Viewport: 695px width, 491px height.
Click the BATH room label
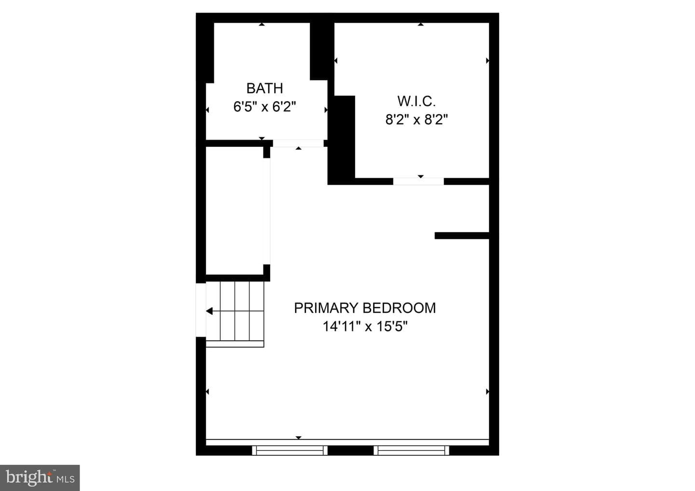coord(264,88)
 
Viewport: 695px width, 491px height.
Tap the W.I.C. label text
coord(417,101)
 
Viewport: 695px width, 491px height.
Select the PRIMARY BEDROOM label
coord(365,308)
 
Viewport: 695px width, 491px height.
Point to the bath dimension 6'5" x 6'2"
coord(264,107)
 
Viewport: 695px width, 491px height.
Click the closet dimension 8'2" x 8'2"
coord(417,120)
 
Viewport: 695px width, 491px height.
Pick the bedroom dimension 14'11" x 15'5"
coord(365,326)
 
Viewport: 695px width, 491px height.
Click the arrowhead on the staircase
coord(209,311)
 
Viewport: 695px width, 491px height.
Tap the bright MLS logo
coord(40,477)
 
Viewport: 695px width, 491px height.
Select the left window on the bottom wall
coord(290,450)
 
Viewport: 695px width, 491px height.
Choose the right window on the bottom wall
coord(411,450)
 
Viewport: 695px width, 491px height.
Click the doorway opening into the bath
coord(298,143)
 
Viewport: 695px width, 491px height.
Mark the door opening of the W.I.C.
coord(418,181)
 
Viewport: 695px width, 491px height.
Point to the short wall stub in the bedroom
coord(462,236)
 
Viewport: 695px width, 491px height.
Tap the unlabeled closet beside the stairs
coord(235,210)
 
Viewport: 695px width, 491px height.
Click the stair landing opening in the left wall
coord(201,310)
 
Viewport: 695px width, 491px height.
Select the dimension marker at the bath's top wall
coord(262,24)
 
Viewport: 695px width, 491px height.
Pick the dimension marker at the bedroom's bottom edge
coord(298,437)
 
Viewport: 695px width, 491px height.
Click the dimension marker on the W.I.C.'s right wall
coord(487,60)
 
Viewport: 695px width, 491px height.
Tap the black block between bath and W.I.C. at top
coord(322,51)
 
